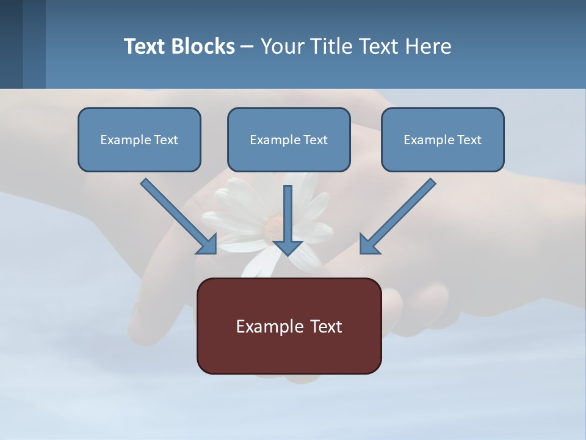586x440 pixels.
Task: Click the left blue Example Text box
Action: [139, 139]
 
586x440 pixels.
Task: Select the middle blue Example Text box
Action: [289, 139]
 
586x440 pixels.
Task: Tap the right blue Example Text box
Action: [443, 139]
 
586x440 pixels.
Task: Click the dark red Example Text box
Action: [289, 326]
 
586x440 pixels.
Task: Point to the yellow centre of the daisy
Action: [274, 227]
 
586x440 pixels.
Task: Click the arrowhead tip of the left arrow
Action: [215, 252]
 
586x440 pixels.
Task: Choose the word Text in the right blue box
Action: [469, 139]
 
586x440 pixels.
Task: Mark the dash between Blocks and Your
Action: [247, 46]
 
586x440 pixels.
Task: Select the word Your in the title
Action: [281, 46]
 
